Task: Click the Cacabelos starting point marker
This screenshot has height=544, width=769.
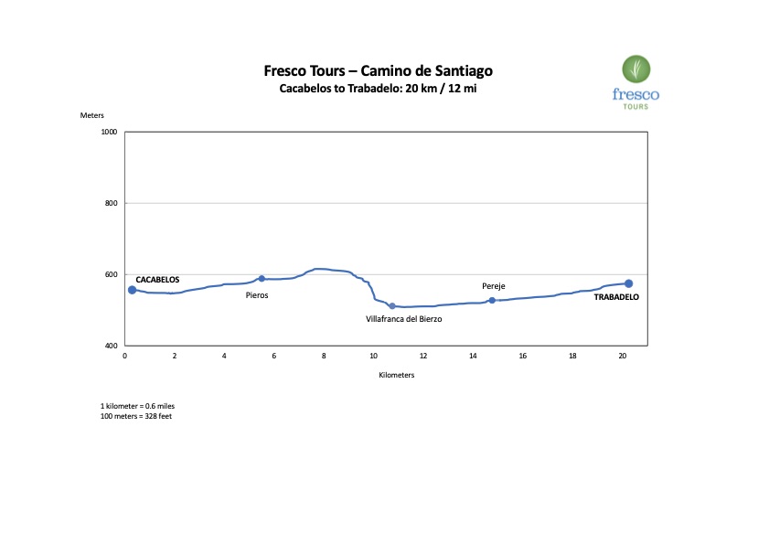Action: pos(132,290)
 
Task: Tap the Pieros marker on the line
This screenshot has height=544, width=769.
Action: pos(262,279)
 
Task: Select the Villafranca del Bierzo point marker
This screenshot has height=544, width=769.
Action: pos(391,306)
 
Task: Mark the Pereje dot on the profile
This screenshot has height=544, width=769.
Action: pos(492,300)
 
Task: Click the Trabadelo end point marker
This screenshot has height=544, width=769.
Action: pos(628,283)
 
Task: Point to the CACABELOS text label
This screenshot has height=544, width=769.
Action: pos(157,280)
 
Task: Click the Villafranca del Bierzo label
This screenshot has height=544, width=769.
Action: pos(403,319)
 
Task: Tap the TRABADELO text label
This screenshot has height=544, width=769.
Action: pos(616,297)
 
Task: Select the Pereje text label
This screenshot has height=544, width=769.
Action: pos(494,286)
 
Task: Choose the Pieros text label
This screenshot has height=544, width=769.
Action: pos(257,295)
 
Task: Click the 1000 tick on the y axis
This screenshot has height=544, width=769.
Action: pos(110,132)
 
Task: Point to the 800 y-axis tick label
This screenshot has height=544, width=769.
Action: pos(112,203)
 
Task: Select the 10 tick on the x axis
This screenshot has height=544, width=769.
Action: pos(373,357)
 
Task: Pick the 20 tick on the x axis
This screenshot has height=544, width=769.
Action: pos(622,357)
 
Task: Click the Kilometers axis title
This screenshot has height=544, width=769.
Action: pos(396,375)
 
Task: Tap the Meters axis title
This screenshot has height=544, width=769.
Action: pos(92,115)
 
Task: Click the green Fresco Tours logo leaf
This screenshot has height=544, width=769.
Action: pos(635,69)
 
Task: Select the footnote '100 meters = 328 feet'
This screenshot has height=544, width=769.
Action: pos(136,416)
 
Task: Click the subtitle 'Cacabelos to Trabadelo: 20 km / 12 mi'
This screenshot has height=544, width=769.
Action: pos(378,89)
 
